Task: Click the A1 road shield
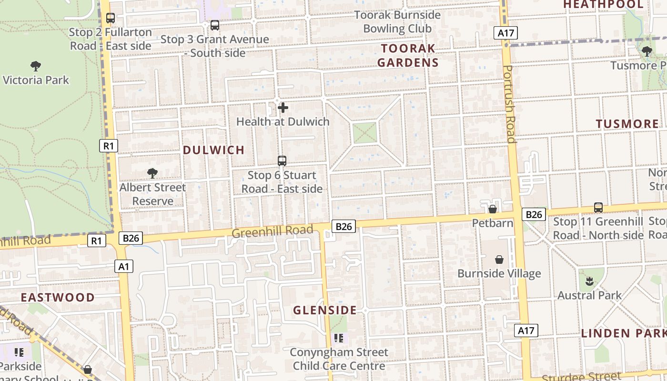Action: pyautogui.click(x=123, y=266)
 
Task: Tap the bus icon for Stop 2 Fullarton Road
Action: pyautogui.click(x=111, y=18)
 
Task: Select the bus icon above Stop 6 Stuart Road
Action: pyautogui.click(x=282, y=161)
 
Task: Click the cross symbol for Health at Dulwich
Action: pyautogui.click(x=283, y=108)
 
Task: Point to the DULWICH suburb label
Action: pyautogui.click(x=213, y=150)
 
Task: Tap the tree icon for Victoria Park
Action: pyautogui.click(x=35, y=66)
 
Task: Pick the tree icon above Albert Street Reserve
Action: pyautogui.click(x=152, y=173)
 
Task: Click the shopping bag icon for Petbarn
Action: pyautogui.click(x=493, y=209)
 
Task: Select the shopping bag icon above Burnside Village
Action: pyautogui.click(x=499, y=260)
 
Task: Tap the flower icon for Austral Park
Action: pyautogui.click(x=589, y=281)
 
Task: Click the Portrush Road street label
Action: pyautogui.click(x=508, y=104)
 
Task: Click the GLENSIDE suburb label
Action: pyautogui.click(x=324, y=311)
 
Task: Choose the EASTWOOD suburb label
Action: pyautogui.click(x=58, y=298)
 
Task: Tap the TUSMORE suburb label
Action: pyautogui.click(x=627, y=124)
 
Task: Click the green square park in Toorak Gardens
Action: pyautogui.click(x=365, y=132)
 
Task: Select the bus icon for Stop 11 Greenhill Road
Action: pyautogui.click(x=598, y=208)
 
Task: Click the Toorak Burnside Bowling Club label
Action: pyautogui.click(x=397, y=21)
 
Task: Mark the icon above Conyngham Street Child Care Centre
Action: pyautogui.click(x=339, y=338)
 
